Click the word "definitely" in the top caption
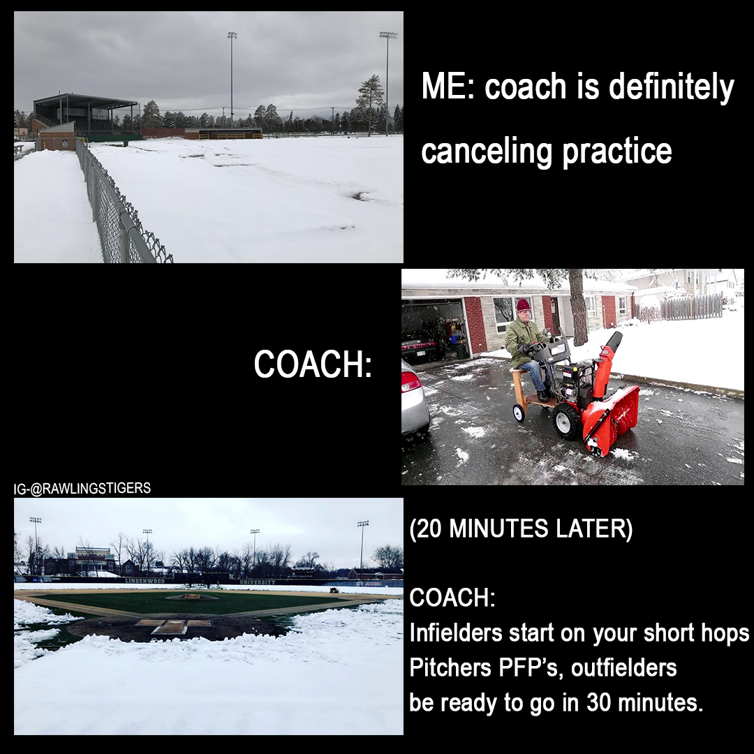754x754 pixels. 672,87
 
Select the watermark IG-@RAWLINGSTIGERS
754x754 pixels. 82,488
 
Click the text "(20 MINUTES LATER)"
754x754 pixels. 521,528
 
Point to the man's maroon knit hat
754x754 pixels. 523,304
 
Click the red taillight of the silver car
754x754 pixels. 411,381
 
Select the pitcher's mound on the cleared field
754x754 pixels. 193,597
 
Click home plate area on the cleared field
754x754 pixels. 169,626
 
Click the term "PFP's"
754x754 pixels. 529,667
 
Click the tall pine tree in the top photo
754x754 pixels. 370,103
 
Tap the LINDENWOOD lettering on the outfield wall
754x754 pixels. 145,581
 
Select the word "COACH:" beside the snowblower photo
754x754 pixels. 313,364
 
